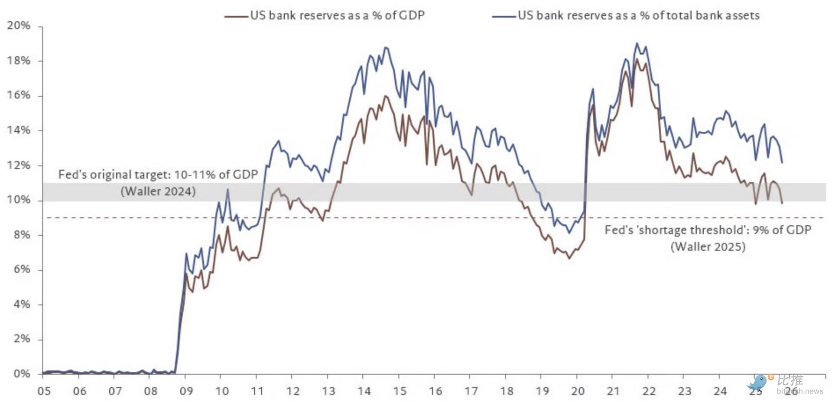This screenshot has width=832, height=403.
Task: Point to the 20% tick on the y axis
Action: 19,26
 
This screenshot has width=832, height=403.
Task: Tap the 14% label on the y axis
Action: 19,130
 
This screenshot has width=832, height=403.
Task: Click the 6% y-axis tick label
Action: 21,269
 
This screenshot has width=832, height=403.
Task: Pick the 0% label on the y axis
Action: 21,374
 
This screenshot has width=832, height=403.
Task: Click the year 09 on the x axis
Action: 186,391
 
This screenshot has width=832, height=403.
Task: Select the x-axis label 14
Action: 364,391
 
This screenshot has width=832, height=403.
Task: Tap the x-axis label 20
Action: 578,391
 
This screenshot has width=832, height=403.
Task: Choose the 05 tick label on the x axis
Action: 44,391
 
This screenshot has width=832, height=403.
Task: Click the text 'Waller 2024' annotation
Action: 158,191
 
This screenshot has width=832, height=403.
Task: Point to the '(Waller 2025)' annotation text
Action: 708,247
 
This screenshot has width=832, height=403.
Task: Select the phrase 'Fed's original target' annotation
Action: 113,174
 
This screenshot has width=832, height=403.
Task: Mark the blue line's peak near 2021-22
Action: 637,43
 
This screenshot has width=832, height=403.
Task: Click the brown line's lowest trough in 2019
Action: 569,259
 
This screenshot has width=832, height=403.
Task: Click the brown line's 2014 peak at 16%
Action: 385,96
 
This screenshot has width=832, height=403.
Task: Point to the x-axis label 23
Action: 684,391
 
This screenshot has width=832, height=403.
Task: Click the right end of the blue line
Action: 782,163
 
